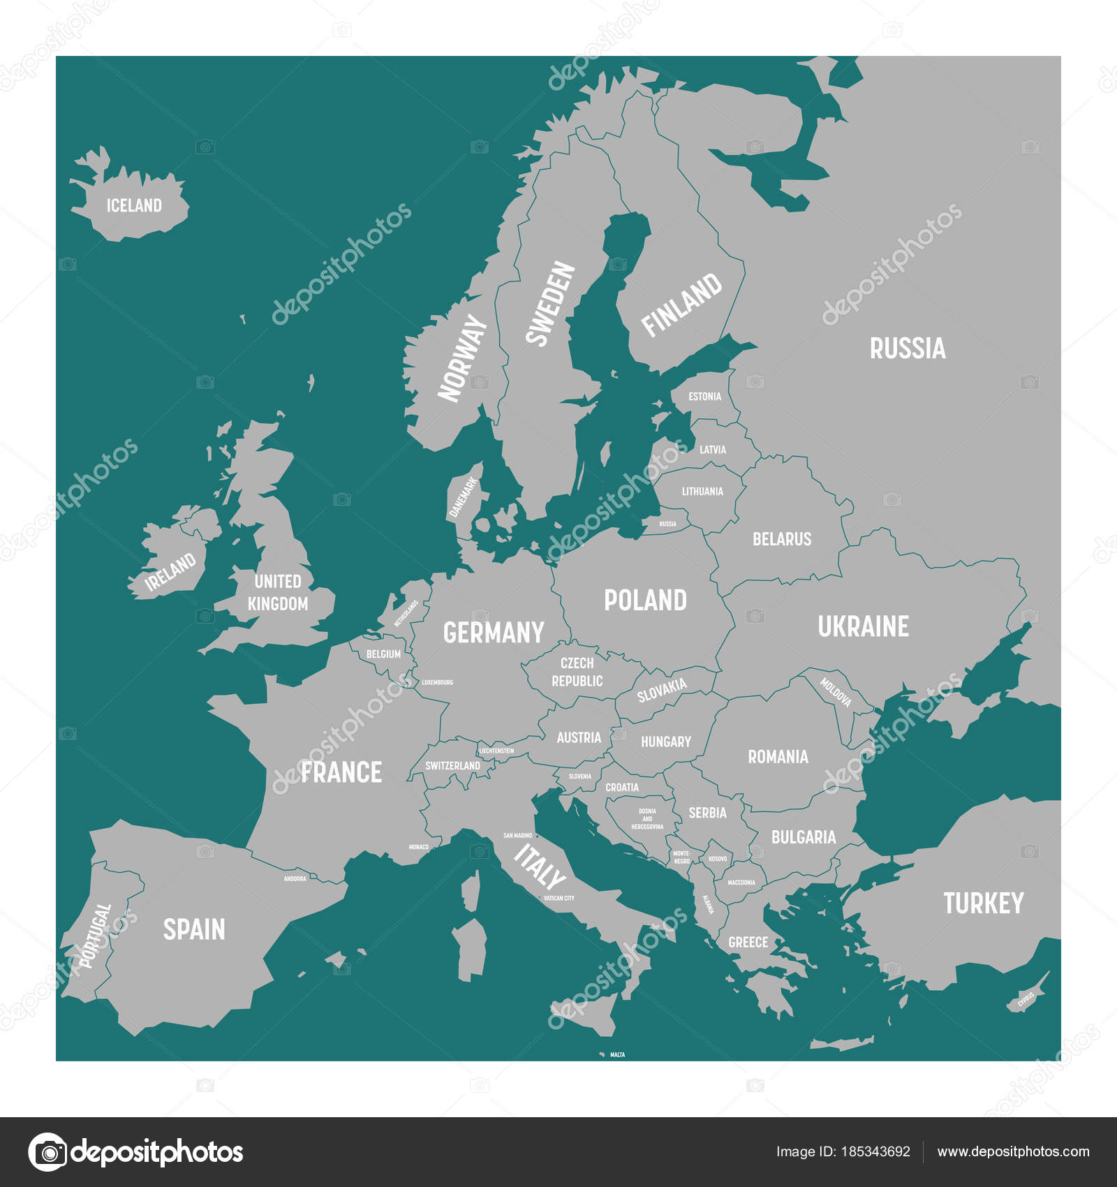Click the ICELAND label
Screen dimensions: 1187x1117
(x=134, y=205)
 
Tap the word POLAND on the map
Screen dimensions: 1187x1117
(x=645, y=600)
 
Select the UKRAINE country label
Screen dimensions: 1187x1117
(x=863, y=626)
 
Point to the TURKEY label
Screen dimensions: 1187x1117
(x=983, y=904)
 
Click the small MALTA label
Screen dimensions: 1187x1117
(x=617, y=1054)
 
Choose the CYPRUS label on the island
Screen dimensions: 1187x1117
(x=1026, y=1000)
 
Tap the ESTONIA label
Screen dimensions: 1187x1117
(x=704, y=397)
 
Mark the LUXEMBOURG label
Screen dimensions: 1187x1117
(x=437, y=682)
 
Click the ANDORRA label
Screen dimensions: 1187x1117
(x=295, y=878)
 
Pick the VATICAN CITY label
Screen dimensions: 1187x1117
(x=558, y=898)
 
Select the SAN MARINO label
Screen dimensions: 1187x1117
(x=517, y=835)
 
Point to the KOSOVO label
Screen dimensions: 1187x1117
(x=718, y=859)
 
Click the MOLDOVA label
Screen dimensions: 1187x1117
(x=835, y=692)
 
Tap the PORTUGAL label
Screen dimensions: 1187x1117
(x=96, y=936)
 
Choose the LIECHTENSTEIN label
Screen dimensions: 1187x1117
(x=496, y=751)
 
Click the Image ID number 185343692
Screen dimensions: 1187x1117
(x=843, y=1152)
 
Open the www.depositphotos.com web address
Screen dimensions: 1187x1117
(x=1012, y=1152)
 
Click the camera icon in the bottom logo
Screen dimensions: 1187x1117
(x=47, y=1151)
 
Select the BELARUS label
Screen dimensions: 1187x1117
(x=782, y=539)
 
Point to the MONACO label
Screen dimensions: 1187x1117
(x=418, y=847)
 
